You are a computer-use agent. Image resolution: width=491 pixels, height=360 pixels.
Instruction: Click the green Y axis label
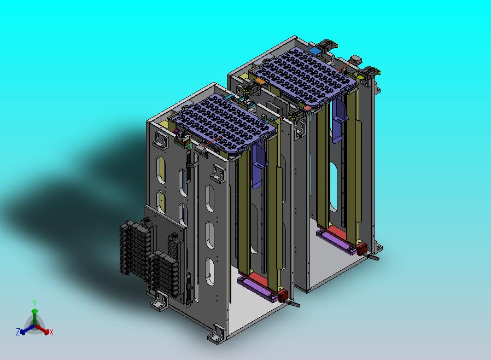(34, 303)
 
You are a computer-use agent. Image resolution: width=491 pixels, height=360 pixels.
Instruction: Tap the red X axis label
(51, 332)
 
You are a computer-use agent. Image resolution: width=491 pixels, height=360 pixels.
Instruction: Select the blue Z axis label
(18, 332)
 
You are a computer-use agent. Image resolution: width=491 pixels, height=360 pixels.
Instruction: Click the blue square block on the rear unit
(314, 50)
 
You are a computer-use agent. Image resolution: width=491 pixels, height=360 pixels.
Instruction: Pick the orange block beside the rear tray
(260, 81)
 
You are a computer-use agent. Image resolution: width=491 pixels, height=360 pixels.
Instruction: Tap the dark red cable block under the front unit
(283, 295)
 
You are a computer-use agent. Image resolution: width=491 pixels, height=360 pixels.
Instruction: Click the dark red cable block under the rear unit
(362, 249)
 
